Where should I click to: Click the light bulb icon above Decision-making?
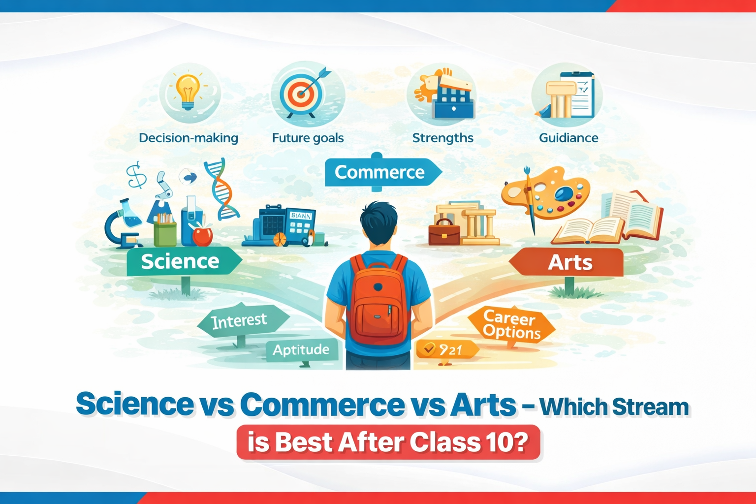click(x=189, y=91)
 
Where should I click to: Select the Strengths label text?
click(x=442, y=138)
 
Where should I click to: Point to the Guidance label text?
click(x=568, y=138)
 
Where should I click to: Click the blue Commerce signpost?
click(x=380, y=172)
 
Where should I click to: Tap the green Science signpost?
click(x=181, y=261)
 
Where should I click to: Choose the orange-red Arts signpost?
click(x=569, y=262)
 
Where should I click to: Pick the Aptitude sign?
click(x=301, y=350)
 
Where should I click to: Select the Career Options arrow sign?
click(x=511, y=325)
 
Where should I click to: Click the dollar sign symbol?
click(x=136, y=176)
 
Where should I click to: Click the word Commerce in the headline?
click(x=322, y=405)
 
